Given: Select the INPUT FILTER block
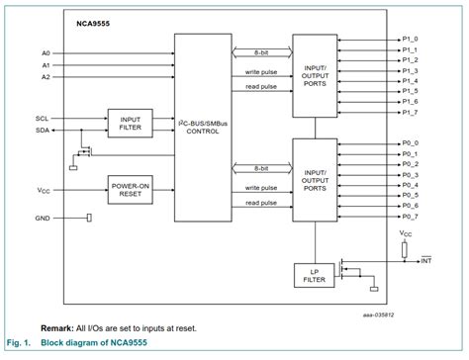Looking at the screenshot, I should (x=130, y=122).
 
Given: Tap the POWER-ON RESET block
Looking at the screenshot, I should (x=130, y=189).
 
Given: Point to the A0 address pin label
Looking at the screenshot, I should (x=46, y=51).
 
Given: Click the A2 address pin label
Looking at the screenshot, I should (x=46, y=76).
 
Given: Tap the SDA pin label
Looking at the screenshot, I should (x=42, y=130).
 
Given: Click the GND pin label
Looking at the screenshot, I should (x=42, y=217).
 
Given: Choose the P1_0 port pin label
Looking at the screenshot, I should (x=410, y=39).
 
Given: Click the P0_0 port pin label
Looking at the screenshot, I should (x=410, y=142).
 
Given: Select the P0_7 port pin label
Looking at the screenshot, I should (x=410, y=217).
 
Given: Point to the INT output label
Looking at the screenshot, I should (x=426, y=260).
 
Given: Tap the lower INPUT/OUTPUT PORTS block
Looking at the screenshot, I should (x=315, y=178).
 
